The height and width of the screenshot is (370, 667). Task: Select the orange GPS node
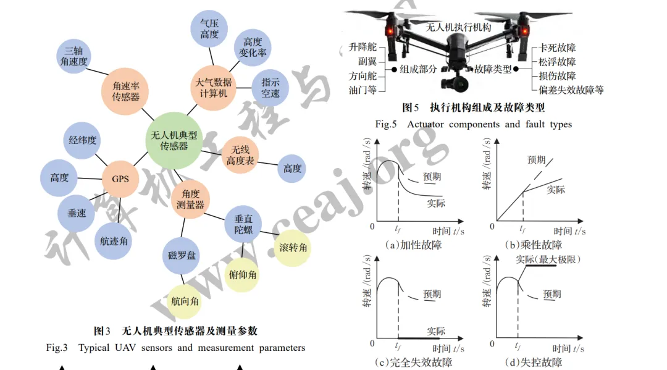click(120, 179)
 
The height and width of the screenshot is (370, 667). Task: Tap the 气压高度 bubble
click(209, 28)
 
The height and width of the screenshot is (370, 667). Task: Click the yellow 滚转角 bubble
click(293, 248)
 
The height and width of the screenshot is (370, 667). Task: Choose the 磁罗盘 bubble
click(182, 254)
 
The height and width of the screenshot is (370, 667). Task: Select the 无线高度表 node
click(239, 154)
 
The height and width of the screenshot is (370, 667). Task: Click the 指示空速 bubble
click(270, 88)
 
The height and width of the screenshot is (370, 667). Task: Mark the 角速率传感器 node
click(125, 92)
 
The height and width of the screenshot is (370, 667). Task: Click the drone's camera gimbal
click(451, 80)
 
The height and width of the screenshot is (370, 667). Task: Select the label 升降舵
click(362, 47)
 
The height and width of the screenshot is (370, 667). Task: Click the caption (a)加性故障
click(413, 245)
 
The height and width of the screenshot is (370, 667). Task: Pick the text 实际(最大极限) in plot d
click(548, 259)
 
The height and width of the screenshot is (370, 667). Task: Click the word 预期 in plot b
click(536, 160)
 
